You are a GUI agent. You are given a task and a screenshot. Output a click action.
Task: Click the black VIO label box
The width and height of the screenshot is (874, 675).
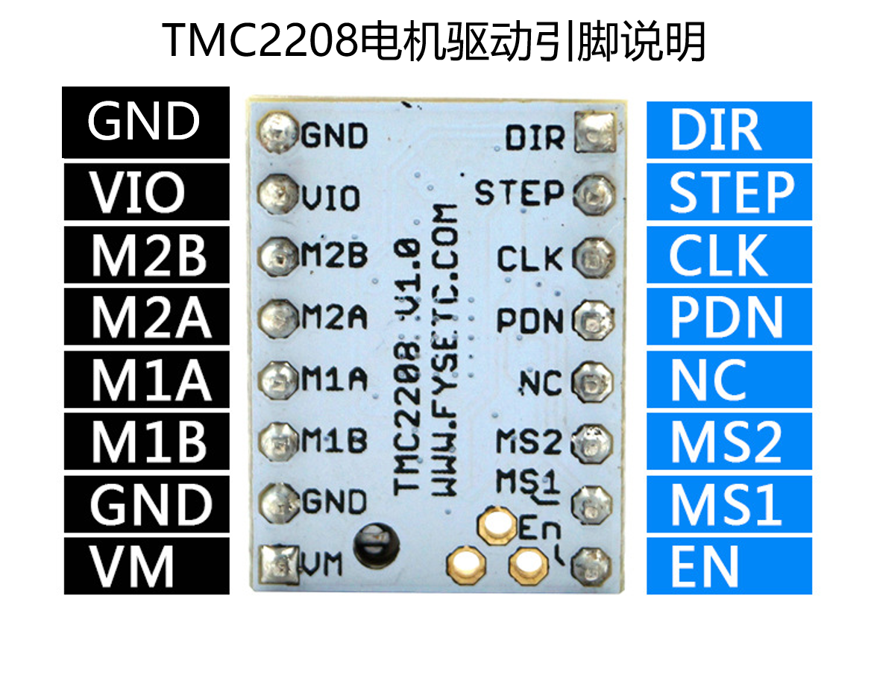click(x=146, y=192)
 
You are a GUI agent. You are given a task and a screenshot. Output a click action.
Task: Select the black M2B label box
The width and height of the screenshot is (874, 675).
click(x=146, y=255)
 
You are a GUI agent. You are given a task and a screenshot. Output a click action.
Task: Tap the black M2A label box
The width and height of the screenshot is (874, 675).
click(x=146, y=318)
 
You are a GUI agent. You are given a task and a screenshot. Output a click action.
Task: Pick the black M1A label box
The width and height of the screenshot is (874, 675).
click(x=146, y=380)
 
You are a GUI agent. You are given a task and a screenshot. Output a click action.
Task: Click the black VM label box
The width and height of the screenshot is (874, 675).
click(x=146, y=566)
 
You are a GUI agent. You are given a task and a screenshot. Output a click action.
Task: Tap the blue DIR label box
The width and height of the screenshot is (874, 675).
click(x=729, y=131)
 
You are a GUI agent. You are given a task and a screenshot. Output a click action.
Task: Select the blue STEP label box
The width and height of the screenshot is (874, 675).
click(x=729, y=192)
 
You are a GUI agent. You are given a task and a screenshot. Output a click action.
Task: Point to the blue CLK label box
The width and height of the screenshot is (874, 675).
click(x=729, y=255)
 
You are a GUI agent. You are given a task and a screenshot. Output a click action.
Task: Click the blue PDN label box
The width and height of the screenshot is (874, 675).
click(x=729, y=318)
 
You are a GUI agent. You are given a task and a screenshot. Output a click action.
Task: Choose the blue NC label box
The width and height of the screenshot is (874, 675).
click(x=729, y=380)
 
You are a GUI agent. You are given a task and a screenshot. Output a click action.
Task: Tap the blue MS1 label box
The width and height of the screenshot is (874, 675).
click(x=729, y=504)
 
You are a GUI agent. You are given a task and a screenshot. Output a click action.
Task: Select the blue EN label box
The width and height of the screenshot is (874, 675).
click(x=729, y=566)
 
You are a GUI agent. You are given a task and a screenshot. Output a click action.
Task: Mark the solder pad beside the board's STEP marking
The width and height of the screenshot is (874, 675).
click(x=594, y=195)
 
